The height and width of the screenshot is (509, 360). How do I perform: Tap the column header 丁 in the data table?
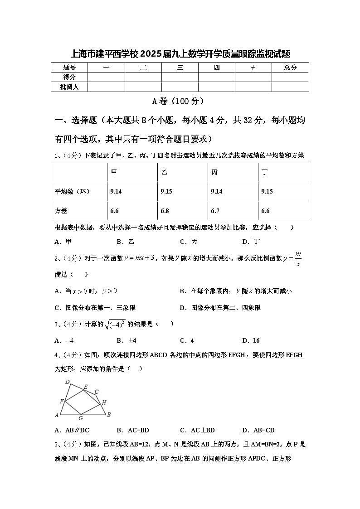coord(264,172)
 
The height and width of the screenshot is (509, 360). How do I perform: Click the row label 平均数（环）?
coord(73,192)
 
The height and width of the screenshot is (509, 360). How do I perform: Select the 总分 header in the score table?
coord(290,68)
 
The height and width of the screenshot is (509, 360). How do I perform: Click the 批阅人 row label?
coord(69,87)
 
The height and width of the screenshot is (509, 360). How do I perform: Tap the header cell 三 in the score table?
coord(180,68)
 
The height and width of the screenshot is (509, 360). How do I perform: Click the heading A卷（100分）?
coord(180,101)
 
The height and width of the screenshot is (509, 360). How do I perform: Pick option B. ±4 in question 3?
coord(126,340)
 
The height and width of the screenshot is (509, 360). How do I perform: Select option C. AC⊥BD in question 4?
coord(197,430)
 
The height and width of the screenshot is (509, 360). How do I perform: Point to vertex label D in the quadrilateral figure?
coord(68,381)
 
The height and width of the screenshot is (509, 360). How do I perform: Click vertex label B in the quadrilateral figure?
coord(109,414)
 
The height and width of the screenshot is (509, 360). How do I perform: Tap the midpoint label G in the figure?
coord(80,418)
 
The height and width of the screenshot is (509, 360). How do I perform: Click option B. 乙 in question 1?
coord(125,242)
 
